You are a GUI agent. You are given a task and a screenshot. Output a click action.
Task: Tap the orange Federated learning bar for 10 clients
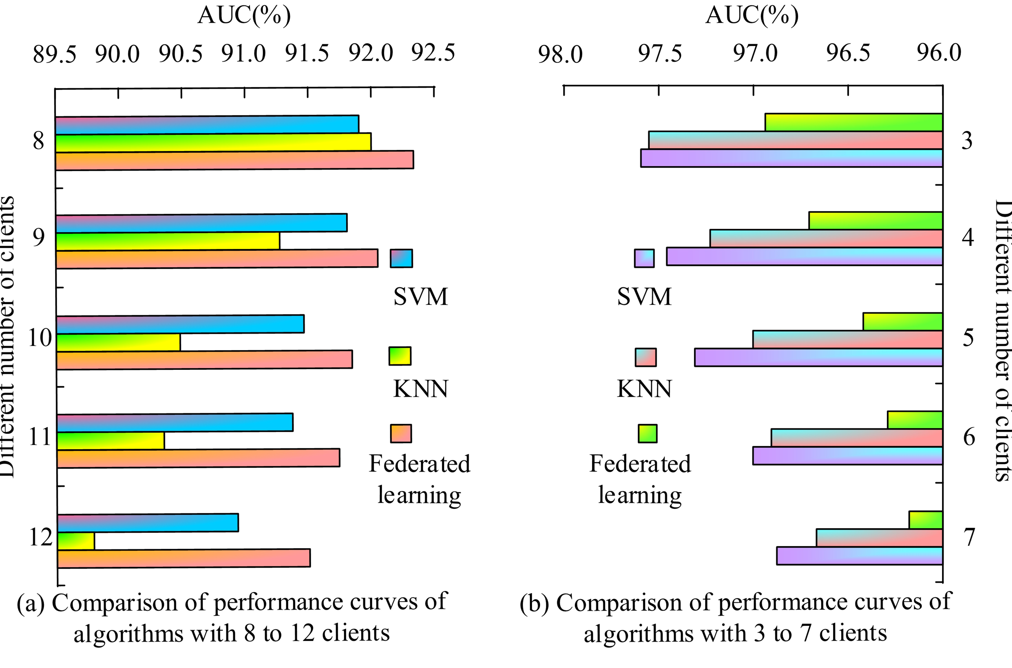(205, 360)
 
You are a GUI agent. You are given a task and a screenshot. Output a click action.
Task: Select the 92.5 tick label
(433, 53)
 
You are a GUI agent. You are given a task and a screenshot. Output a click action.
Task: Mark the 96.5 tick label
(848, 53)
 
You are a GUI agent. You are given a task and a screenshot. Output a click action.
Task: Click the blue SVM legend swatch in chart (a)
(401, 258)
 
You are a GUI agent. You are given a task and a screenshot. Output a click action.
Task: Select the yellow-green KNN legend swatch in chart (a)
(400, 356)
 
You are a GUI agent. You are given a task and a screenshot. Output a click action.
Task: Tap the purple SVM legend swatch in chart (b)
(644, 258)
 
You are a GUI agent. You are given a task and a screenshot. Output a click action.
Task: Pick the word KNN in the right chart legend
(644, 389)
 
